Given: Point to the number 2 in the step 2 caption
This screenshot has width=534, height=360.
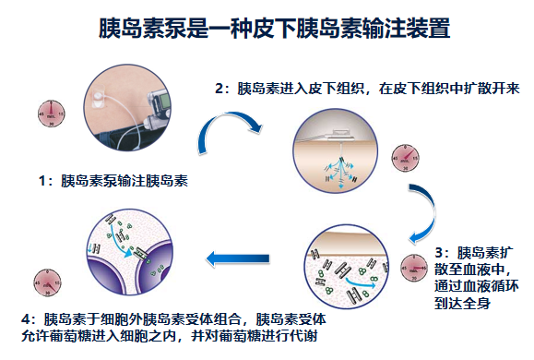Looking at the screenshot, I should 219,90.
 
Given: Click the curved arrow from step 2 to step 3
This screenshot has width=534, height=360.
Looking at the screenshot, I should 421,209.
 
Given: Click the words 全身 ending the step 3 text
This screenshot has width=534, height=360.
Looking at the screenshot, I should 488,302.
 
